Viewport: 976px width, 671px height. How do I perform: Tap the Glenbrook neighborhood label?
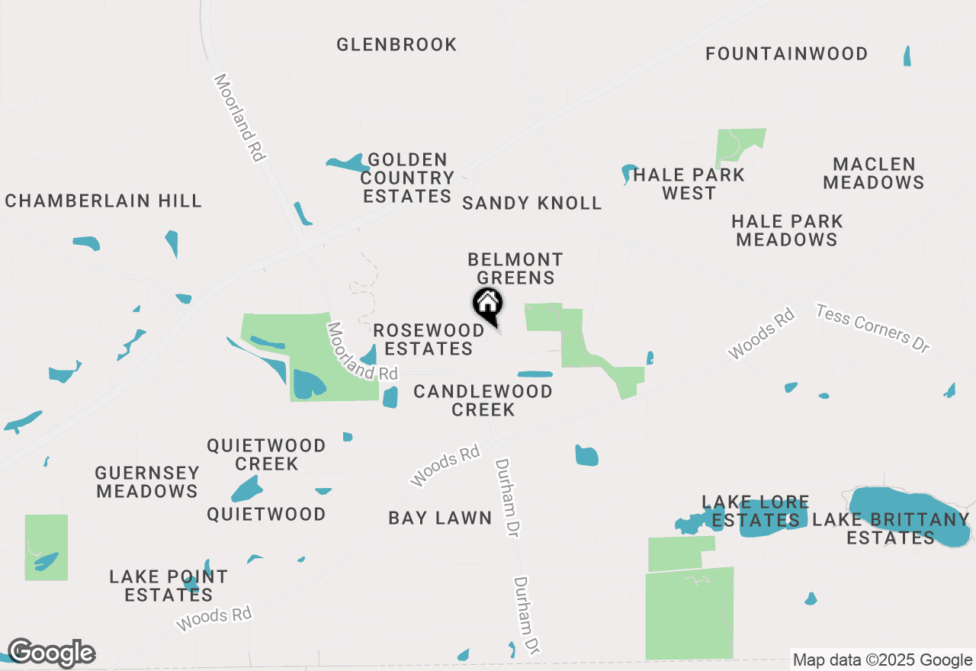[x=396, y=45]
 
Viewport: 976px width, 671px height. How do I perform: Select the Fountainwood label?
[x=786, y=54]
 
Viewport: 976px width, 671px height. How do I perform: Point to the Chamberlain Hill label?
[x=104, y=201]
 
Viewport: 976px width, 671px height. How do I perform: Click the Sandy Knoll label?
[x=532, y=204]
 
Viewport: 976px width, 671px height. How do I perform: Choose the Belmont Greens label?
[x=515, y=268]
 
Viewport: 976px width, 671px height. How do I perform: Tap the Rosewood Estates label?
[x=429, y=339]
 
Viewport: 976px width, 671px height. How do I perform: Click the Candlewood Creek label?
[x=483, y=400]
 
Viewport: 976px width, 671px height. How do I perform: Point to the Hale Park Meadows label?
[x=787, y=230]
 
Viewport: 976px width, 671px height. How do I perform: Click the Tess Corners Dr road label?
[x=873, y=328]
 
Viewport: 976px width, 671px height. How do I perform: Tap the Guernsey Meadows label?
[x=147, y=482]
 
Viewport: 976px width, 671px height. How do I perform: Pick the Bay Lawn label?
[x=440, y=518]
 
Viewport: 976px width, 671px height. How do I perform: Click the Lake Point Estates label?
[x=169, y=586]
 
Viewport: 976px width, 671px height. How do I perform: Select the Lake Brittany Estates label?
[x=891, y=528]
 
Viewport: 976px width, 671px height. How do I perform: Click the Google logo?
[x=51, y=653]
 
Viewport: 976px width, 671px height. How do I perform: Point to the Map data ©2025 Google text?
[x=883, y=660]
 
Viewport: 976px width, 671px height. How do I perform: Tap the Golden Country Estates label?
[x=407, y=178]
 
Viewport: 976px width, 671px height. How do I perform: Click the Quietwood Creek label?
[x=267, y=454]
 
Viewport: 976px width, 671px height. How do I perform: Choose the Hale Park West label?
[x=689, y=185]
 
